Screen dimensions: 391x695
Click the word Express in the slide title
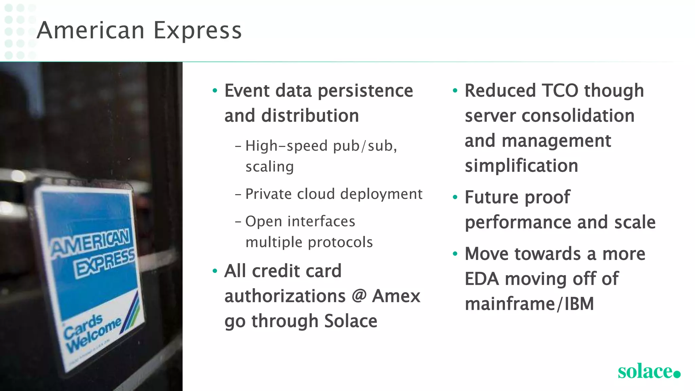pos(198,31)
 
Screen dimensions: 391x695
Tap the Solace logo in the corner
pos(649,371)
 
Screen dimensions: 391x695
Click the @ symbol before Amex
pos(359,295)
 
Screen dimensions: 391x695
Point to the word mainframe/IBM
pos(529,303)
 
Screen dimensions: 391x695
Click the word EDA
pos(482,279)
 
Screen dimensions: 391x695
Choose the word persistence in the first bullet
pos(365,91)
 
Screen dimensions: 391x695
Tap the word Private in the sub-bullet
pos(268,194)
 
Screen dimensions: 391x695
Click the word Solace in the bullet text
pos(351,321)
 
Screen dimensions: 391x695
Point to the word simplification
pos(521,166)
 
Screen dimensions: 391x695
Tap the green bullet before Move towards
pos(455,254)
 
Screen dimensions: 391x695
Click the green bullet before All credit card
pos(214,271)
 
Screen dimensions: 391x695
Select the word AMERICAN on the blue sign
pos(90,242)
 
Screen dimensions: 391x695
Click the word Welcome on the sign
pos(94,335)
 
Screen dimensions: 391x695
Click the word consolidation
pos(578,116)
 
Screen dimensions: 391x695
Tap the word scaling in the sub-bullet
pos(269,167)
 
